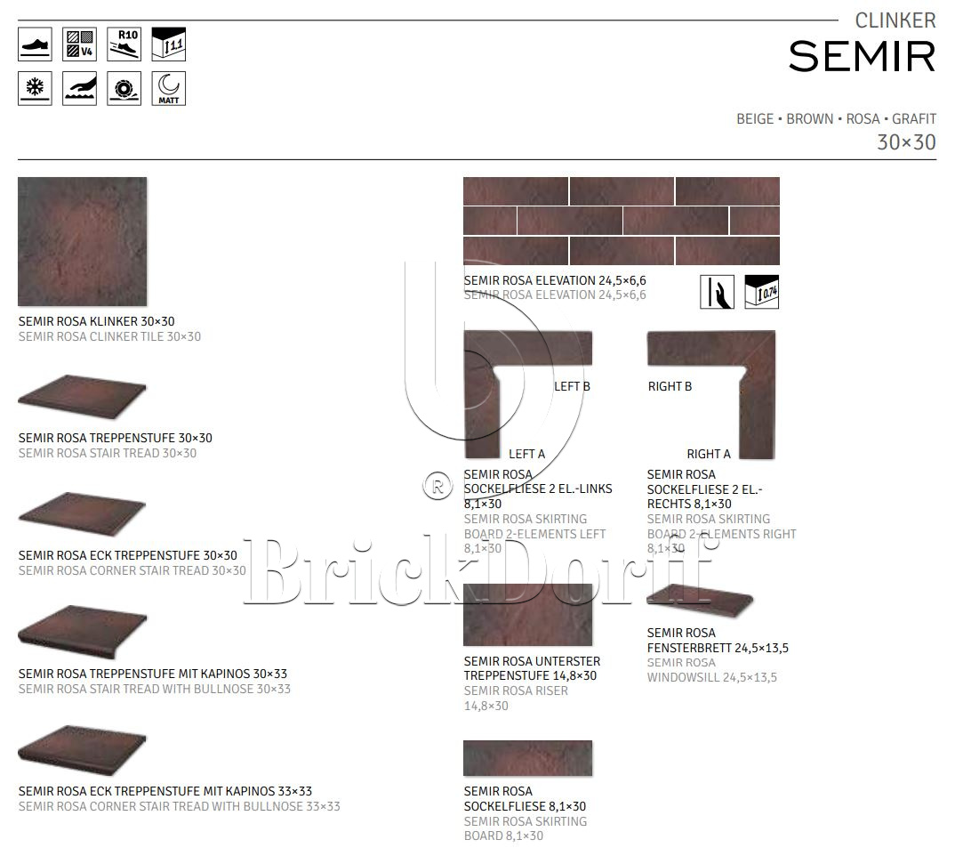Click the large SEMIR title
pos(862,56)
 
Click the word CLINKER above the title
pos(895,20)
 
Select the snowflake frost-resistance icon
pos(35,89)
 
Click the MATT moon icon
pos(168,89)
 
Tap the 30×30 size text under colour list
pos(906,142)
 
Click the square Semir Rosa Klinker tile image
pos(82,241)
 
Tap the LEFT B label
pos(572,386)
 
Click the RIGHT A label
pos(708,454)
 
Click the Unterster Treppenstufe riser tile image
pos(527,615)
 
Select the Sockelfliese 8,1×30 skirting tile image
pos(527,758)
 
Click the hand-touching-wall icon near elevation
pos(717,292)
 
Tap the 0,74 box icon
pos(761,292)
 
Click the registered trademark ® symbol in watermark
pos(437,486)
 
